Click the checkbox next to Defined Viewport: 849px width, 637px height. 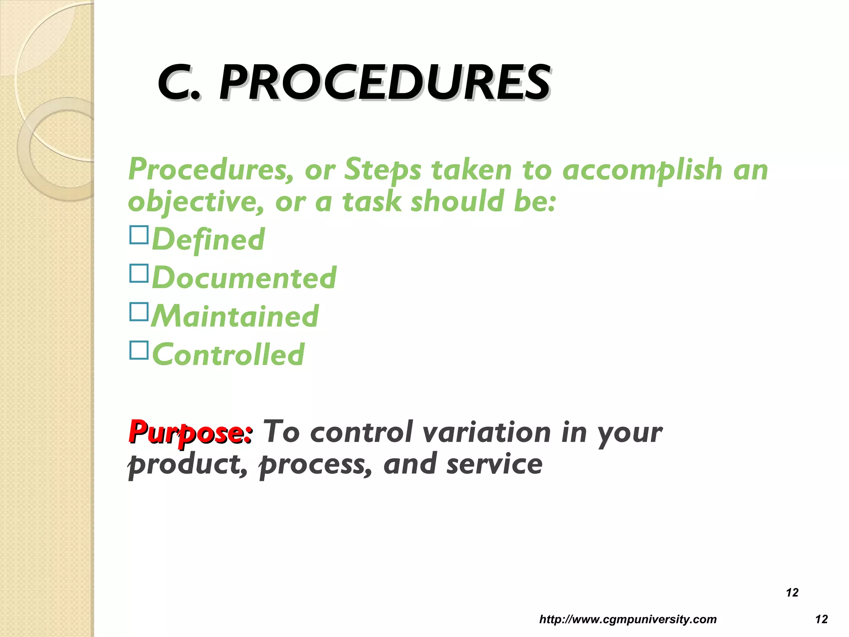139,235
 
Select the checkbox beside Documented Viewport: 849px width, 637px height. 139,273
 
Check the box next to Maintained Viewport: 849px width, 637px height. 139,311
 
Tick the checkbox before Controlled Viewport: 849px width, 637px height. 139,350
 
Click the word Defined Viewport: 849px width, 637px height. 209,239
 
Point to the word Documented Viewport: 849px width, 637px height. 244,277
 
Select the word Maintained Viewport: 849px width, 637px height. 235,316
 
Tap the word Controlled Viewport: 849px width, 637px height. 228,355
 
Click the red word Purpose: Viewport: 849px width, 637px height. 190,432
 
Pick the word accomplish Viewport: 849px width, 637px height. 642,170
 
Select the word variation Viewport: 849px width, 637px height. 487,432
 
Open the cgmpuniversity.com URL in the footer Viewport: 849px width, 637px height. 628,620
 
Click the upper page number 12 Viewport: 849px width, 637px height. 792,593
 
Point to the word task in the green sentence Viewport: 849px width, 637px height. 371,202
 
